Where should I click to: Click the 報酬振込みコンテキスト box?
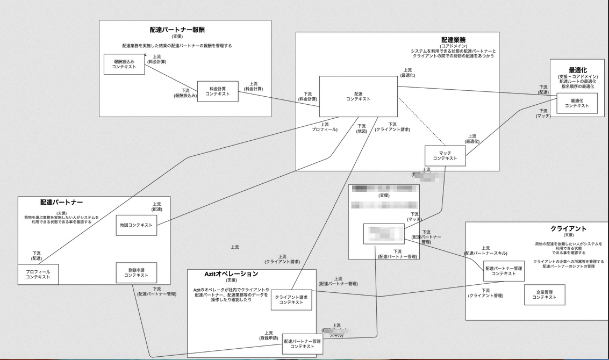pos(124,64)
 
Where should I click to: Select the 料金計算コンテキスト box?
pos(217,91)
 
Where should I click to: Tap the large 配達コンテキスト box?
pos(358,96)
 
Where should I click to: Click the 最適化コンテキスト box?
pos(577,103)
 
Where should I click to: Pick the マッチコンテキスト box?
pos(445,156)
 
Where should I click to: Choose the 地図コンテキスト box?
pos(137,225)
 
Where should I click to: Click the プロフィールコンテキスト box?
pos(38,275)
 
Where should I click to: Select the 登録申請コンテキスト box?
pos(137,272)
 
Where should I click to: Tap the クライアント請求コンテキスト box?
pos(291,300)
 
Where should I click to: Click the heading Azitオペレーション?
pos(231,274)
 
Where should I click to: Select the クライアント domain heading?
pos(568,229)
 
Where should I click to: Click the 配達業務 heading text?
pos(453,40)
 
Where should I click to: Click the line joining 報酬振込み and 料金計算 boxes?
pos(171,77)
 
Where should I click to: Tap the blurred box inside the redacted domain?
pos(384,234)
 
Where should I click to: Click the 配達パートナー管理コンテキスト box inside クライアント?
pos(503,271)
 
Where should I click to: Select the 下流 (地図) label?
pos(361,128)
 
